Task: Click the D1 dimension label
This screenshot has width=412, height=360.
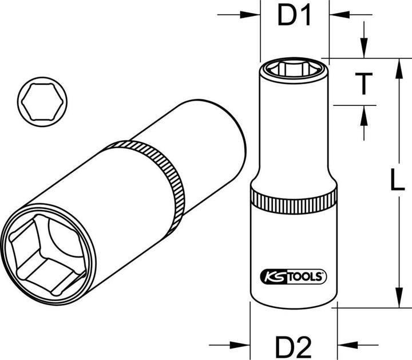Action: [x=294, y=17]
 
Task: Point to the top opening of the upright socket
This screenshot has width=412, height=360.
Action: [x=294, y=70]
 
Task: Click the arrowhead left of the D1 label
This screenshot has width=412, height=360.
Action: [x=255, y=15]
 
